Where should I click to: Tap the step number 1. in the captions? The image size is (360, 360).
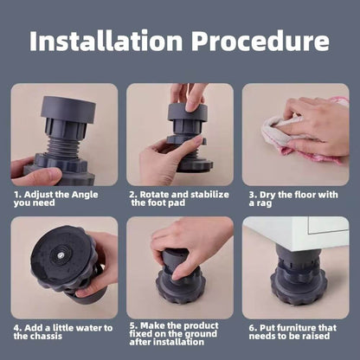click(17, 194)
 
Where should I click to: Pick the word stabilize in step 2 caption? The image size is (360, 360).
click(207, 194)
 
